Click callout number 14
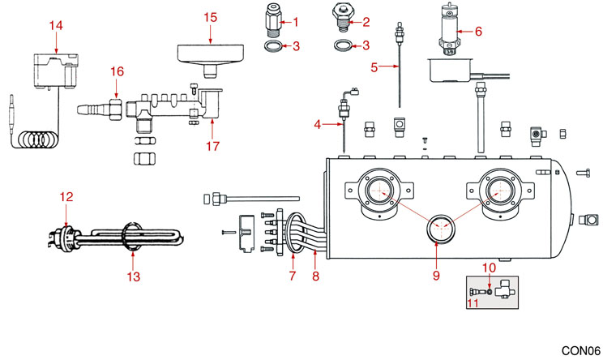click(55, 25)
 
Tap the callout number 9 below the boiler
click(435, 276)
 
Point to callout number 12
click(66, 195)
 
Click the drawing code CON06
click(579, 349)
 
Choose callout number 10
click(489, 267)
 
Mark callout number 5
click(374, 67)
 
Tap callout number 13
click(134, 277)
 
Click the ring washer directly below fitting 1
click(274, 47)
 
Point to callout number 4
click(318, 124)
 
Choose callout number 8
click(314, 276)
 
